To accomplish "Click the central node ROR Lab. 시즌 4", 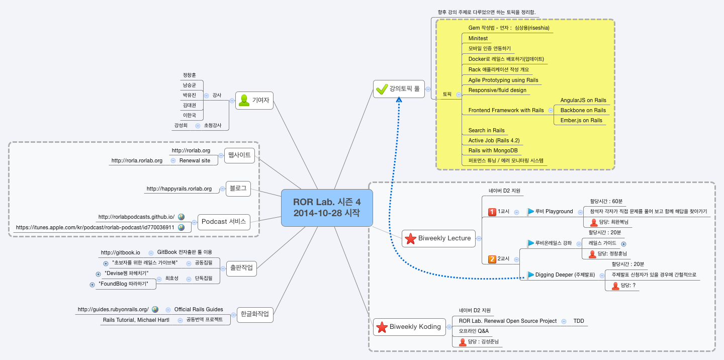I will [327, 208].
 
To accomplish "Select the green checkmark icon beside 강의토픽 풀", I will [382, 89].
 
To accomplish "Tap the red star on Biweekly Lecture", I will [410, 238].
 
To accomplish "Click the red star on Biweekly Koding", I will [382, 327].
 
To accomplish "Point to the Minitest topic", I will [478, 39].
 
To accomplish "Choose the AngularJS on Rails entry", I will [583, 101].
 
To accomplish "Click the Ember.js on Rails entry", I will [581, 121].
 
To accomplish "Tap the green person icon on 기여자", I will [244, 100].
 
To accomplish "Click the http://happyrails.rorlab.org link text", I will [179, 189].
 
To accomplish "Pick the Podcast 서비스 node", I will [224, 222].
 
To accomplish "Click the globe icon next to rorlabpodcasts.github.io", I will [181, 217].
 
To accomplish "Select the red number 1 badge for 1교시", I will [492, 212].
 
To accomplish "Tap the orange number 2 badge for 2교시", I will [492, 259].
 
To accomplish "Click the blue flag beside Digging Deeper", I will [531, 275].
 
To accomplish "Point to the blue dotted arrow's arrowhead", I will [399, 100].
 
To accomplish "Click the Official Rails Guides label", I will [199, 310].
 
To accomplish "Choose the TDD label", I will [579, 321].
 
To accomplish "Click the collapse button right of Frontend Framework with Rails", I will [551, 111].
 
